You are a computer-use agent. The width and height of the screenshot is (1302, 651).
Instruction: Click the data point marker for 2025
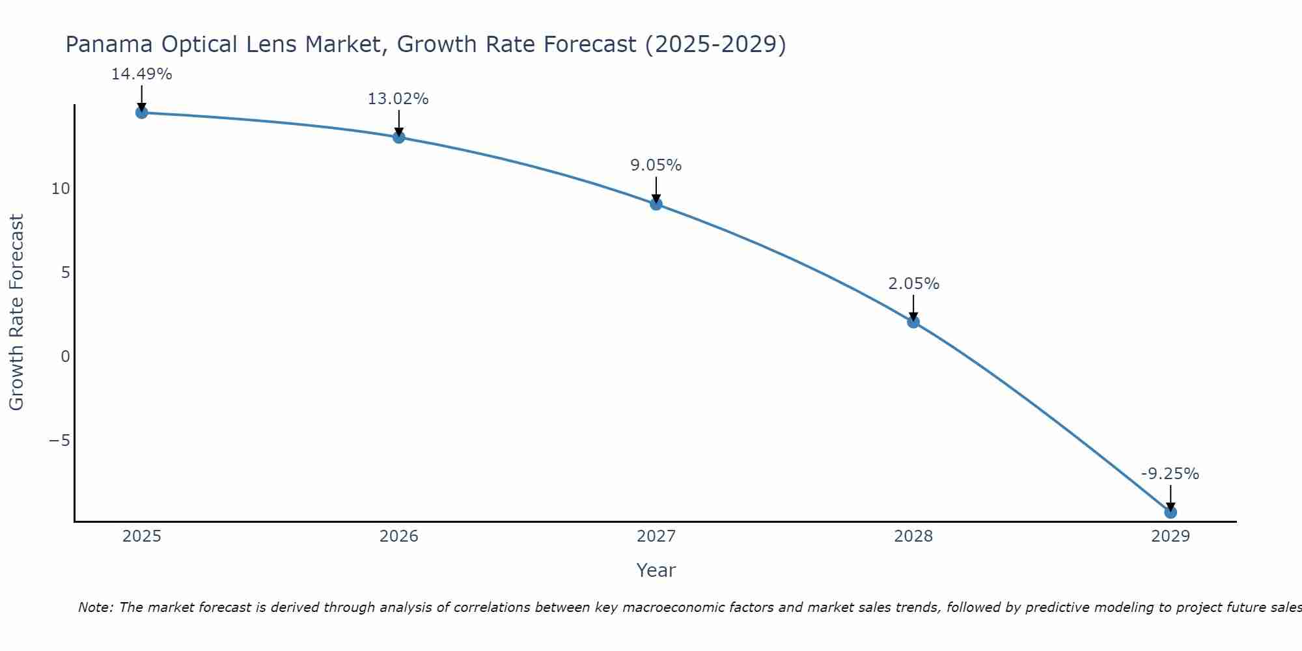(141, 113)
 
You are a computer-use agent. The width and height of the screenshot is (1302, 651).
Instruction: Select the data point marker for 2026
(398, 137)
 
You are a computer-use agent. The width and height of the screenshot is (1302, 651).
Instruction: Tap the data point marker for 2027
(656, 204)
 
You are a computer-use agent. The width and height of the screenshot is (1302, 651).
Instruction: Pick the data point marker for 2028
(913, 322)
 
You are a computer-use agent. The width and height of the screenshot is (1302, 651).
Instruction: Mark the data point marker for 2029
(1170, 512)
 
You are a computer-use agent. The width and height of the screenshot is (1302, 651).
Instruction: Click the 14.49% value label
(141, 74)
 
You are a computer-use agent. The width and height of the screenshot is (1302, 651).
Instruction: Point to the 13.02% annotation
(398, 99)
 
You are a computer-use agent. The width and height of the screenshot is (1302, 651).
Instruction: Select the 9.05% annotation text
(656, 165)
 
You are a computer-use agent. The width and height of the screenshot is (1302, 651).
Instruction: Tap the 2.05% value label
(913, 284)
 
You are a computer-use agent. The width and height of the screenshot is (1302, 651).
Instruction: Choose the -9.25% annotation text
(1170, 474)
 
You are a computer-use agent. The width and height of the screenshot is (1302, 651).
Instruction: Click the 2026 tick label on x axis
(398, 536)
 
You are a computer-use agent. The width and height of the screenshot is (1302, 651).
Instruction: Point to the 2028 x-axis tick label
(913, 536)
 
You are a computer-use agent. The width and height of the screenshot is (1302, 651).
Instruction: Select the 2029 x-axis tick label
(1170, 536)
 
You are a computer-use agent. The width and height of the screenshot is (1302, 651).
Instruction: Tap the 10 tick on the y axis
(61, 189)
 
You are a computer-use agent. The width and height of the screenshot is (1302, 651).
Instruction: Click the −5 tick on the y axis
(59, 441)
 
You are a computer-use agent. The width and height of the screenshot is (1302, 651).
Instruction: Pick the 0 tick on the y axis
(65, 357)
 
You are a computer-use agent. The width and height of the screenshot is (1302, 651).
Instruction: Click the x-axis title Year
(656, 570)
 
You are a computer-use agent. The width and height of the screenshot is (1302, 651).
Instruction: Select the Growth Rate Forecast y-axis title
(16, 312)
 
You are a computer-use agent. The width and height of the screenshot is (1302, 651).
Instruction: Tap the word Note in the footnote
(95, 607)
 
